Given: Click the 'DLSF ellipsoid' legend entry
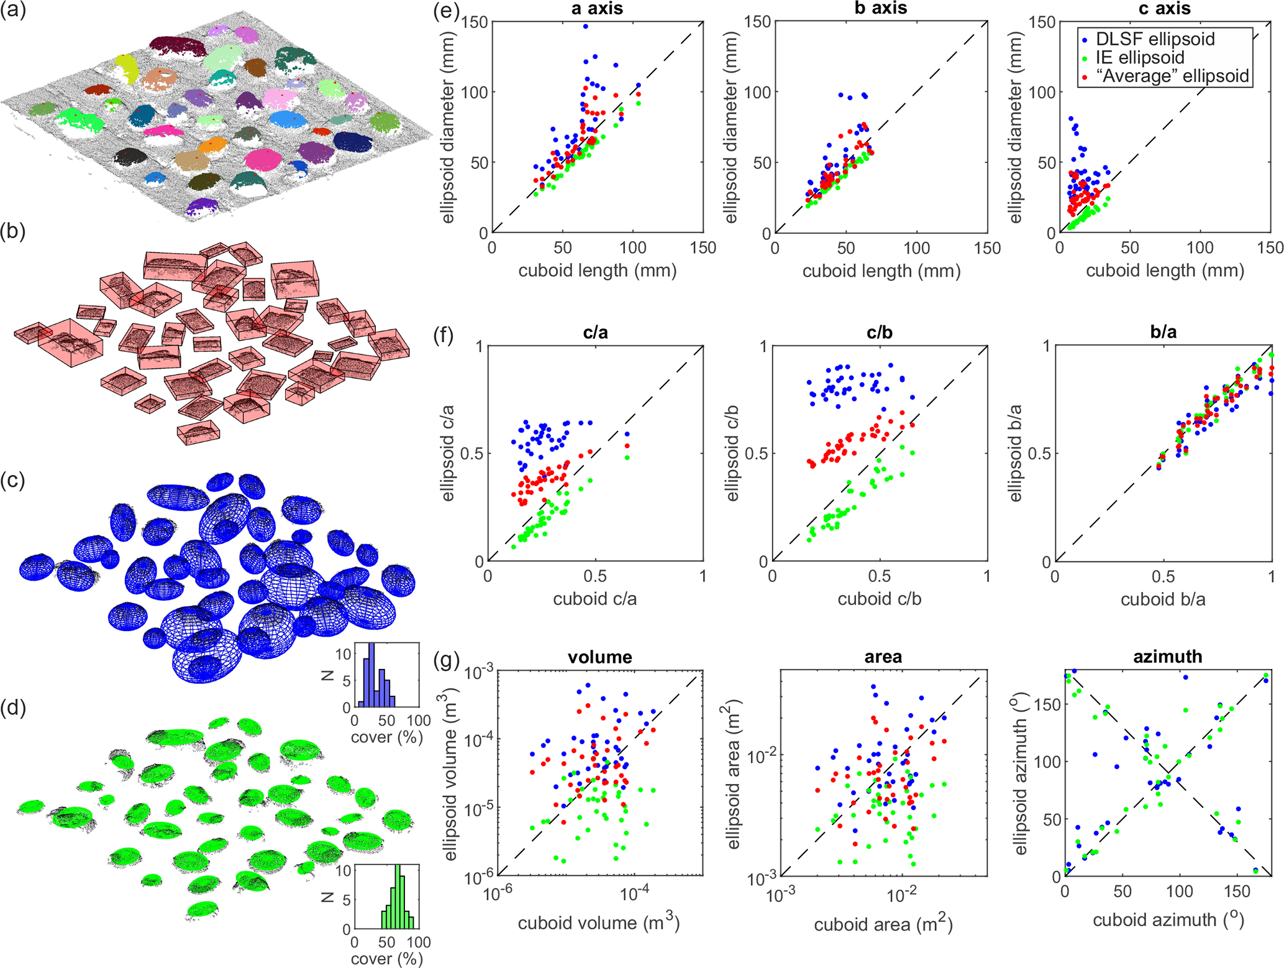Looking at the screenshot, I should pyautogui.click(x=1154, y=39).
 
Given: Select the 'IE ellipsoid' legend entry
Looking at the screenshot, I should pyautogui.click(x=1139, y=58).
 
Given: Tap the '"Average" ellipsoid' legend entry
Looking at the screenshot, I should pyautogui.click(x=1172, y=76).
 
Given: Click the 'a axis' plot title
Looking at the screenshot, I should pyautogui.click(x=596, y=9).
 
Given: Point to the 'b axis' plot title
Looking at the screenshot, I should pyautogui.click(x=880, y=9).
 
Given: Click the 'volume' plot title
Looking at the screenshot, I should pyautogui.click(x=599, y=657).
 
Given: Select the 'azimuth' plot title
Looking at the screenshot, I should pyautogui.click(x=1167, y=657).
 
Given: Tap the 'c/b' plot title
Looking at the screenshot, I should pyautogui.click(x=880, y=333).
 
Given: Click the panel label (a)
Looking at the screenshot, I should pyautogui.click(x=13, y=11).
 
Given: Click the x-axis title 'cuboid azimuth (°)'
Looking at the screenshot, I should pyautogui.click(x=1168, y=920).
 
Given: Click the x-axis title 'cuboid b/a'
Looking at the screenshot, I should pyautogui.click(x=1163, y=599).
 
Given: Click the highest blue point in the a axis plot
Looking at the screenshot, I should pyautogui.click(x=585, y=27).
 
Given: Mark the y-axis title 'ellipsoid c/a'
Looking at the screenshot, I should pyautogui.click(x=447, y=453).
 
